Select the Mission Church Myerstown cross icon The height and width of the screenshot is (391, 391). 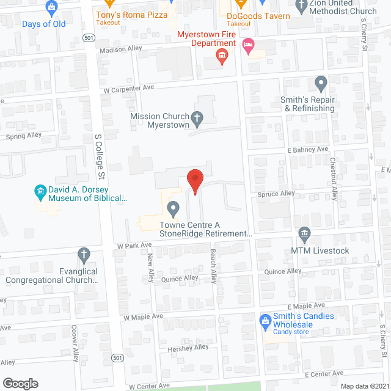[x=197, y=117]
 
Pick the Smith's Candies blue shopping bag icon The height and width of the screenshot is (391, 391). [x=266, y=320]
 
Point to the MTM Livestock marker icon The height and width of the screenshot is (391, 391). [x=304, y=233]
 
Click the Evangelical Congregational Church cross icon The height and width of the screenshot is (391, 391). [x=84, y=254]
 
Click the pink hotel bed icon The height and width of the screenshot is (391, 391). [x=248, y=45]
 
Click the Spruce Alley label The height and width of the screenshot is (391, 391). [x=278, y=194]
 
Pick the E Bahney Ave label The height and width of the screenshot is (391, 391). [x=307, y=149]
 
